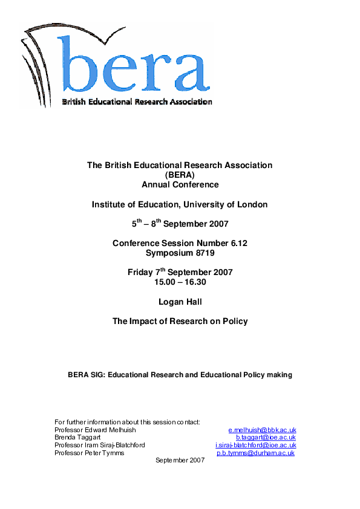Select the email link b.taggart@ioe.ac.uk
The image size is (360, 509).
(266, 438)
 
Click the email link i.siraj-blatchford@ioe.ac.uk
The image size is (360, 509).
(255, 446)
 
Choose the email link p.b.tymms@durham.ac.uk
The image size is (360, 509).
(255, 453)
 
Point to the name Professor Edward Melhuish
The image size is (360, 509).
(95, 430)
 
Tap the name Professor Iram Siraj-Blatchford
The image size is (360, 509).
(99, 446)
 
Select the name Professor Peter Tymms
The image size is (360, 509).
(89, 453)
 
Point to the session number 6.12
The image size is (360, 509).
(237, 243)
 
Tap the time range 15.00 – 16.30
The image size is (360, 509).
(180, 282)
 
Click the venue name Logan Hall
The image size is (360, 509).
(180, 302)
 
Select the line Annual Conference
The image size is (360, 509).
(180, 184)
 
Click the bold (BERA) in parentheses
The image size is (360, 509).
(180, 175)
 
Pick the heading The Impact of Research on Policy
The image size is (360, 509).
(180, 322)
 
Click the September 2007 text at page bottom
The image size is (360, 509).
(180, 461)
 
